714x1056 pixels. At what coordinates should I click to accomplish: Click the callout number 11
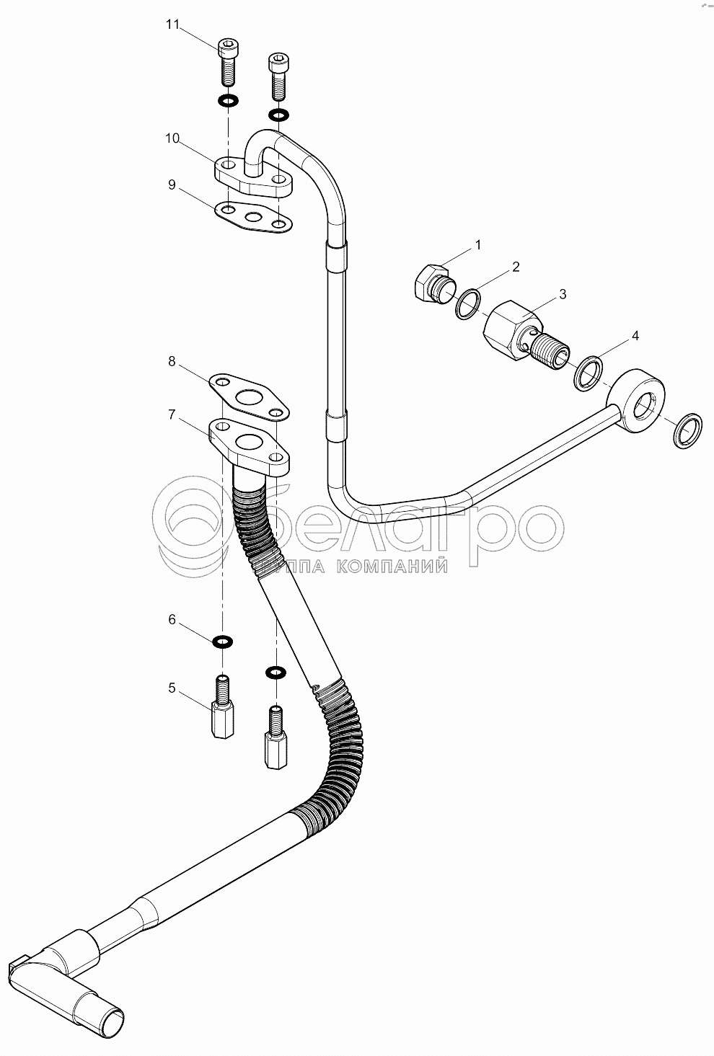click(172, 25)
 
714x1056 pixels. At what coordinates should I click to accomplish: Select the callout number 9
click(172, 185)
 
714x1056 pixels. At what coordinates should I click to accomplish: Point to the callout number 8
click(172, 361)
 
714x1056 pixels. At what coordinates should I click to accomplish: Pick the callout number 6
click(172, 619)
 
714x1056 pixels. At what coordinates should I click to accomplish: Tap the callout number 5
click(172, 688)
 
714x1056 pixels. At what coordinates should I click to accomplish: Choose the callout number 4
click(635, 335)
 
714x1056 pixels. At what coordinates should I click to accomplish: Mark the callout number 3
click(563, 293)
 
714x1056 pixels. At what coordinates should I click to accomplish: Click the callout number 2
click(515, 267)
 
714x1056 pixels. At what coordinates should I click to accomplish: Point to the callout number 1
click(477, 245)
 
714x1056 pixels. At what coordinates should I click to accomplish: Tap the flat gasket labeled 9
click(253, 216)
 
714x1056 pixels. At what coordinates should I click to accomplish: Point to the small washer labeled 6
click(222, 641)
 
